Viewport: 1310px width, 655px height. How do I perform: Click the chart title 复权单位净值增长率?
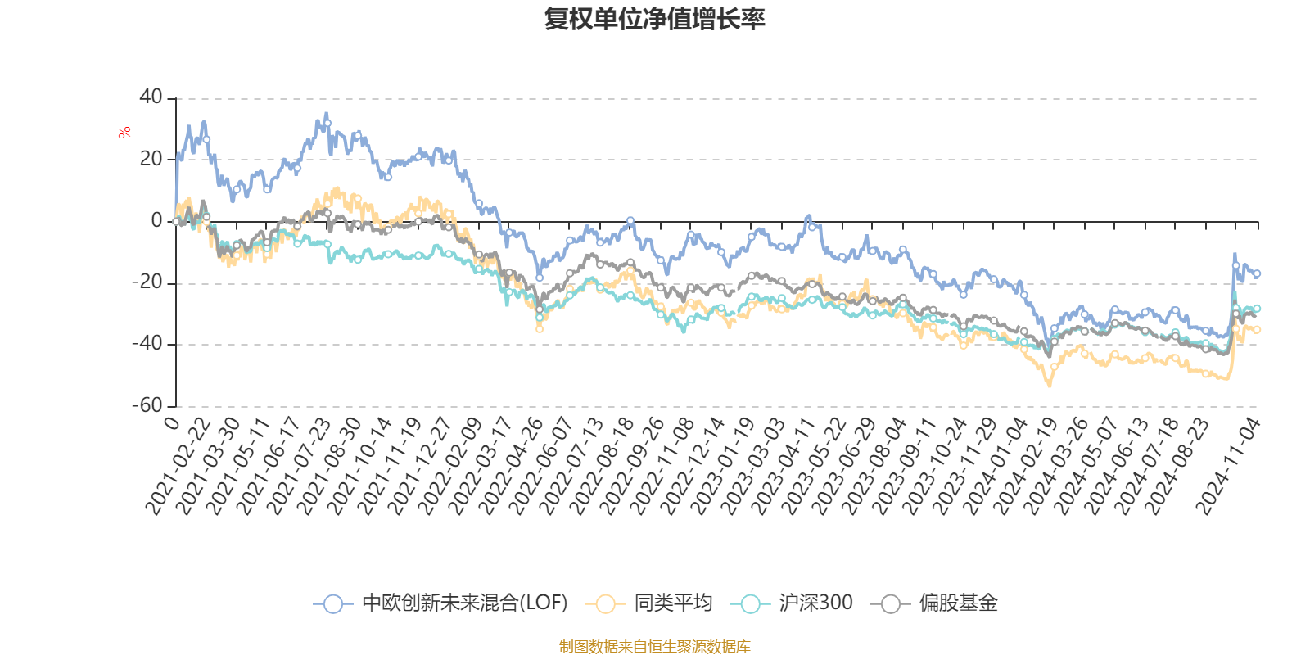(654, 19)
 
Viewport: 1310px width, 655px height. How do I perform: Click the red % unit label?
(124, 132)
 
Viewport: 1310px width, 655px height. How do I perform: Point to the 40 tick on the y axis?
(151, 97)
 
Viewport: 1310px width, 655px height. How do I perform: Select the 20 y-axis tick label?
(151, 159)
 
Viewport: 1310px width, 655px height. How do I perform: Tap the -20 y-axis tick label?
(148, 282)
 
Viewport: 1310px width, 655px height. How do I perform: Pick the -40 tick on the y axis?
(148, 344)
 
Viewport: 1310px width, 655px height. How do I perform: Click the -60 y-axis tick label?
(148, 405)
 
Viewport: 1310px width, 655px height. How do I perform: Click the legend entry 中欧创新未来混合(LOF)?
(464, 603)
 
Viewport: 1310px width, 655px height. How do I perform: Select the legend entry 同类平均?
(672, 603)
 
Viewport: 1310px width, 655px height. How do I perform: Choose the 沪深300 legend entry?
(815, 603)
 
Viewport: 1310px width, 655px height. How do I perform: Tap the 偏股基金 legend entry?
(957, 603)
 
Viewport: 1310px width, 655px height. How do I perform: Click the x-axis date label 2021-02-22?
(178, 467)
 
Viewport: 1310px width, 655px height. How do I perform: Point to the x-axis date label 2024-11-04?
(1229, 467)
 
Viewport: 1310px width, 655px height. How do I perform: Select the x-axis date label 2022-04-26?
(511, 467)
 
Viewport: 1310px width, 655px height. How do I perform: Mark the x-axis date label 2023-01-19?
(723, 467)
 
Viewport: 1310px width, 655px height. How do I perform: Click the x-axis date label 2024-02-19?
(1026, 467)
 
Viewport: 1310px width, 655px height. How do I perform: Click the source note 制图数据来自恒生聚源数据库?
(654, 647)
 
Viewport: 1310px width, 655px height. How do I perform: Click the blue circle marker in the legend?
(332, 604)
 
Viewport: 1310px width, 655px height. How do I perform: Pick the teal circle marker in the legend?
(749, 604)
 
